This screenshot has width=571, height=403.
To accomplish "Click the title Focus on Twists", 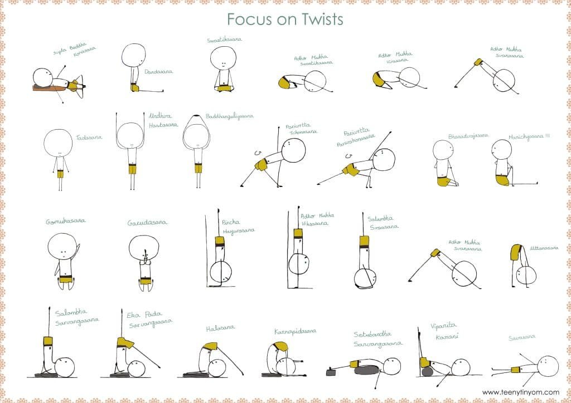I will click(x=285, y=18).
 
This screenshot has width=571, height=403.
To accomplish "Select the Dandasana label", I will click(x=159, y=72).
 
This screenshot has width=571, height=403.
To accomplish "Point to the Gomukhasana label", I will click(x=65, y=222).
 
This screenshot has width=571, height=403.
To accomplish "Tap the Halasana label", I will click(x=220, y=328).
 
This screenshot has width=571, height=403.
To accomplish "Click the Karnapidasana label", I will click(x=295, y=331).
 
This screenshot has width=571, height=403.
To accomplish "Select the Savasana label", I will click(x=521, y=337).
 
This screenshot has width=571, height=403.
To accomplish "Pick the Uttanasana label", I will click(x=544, y=248).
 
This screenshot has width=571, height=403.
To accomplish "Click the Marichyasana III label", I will click(x=529, y=136).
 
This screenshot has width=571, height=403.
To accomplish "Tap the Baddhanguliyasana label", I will click(x=229, y=116).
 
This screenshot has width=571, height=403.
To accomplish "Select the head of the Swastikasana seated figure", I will click(x=224, y=58).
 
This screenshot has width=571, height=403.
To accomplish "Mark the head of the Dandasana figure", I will click(x=134, y=55).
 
